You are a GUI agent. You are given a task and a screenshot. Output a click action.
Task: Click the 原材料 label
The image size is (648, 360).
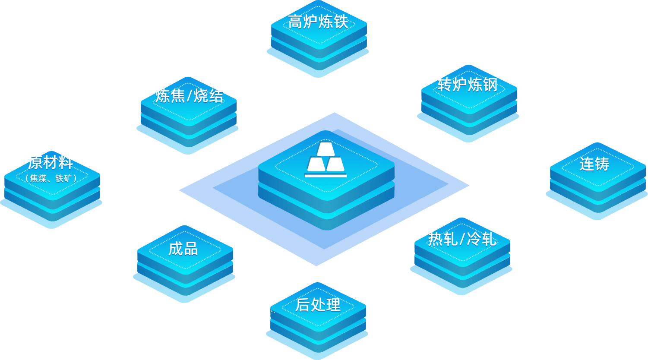(51, 163)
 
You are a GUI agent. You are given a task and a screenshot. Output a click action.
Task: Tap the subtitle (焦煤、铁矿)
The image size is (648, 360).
(51, 178)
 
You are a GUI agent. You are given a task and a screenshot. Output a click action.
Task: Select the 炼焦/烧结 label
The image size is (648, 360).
(189, 96)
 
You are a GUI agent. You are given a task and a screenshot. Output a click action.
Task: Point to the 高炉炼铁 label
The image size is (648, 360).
(318, 22)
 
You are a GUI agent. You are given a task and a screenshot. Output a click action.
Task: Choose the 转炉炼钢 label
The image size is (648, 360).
(468, 85)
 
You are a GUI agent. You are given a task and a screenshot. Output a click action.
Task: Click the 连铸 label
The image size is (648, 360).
(594, 164)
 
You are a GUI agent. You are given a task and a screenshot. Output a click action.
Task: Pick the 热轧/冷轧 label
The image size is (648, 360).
(462, 239)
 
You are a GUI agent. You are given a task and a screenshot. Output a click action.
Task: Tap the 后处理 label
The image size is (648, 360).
(318, 305)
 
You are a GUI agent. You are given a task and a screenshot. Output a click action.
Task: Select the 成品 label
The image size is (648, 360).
(183, 249)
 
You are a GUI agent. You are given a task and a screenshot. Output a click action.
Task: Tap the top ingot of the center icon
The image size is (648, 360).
(326, 149)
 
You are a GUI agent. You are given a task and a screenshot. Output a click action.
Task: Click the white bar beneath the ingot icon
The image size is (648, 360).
(326, 176)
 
